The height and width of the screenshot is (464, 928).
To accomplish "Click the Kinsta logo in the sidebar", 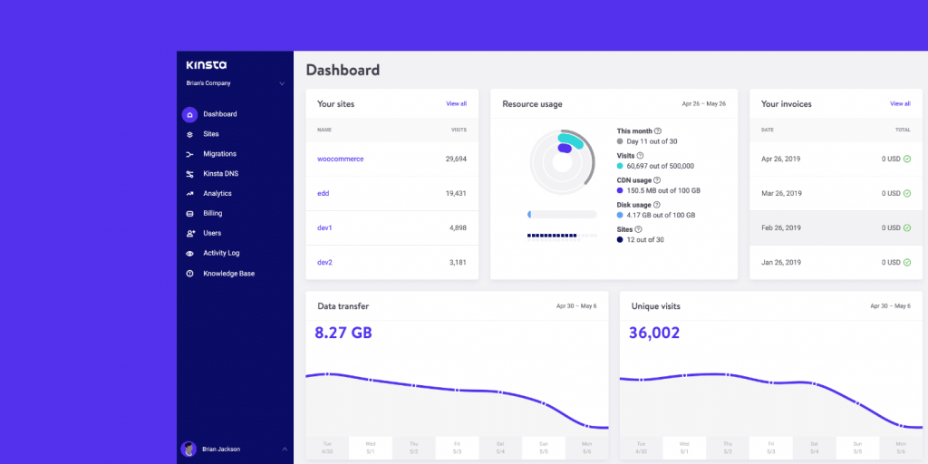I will point(206,65).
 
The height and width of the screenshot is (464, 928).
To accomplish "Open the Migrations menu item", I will point(219,154).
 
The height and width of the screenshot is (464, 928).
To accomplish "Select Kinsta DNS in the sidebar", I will point(220,174).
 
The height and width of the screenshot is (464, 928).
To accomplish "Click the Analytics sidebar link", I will point(217,194).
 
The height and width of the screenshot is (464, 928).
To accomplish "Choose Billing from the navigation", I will point(212,214).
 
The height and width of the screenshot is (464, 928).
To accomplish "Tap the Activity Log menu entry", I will point(221,254).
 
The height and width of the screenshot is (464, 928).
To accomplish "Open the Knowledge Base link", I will point(228,274).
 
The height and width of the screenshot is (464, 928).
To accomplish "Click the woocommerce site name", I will point(340,159).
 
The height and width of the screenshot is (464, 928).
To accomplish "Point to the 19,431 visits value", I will point(456,194).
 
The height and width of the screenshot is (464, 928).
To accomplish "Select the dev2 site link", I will point(324,263).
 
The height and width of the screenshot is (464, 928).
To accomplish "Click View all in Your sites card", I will point(456,104).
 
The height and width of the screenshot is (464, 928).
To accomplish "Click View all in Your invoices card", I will point(900,104).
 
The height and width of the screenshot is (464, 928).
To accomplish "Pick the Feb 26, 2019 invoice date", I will point(781,228).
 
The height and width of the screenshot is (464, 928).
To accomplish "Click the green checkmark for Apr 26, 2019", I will point(906,159).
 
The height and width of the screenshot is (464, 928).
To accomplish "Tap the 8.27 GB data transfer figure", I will point(343,333).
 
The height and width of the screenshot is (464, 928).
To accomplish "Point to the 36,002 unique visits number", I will point(654,333).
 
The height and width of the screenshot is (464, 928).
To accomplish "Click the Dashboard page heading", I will point(343,70).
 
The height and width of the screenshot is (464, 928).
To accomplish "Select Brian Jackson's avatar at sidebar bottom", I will point(188,449).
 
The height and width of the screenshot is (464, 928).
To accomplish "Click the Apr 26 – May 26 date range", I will point(704,104).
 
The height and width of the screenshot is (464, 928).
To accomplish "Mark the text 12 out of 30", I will point(645,239).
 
